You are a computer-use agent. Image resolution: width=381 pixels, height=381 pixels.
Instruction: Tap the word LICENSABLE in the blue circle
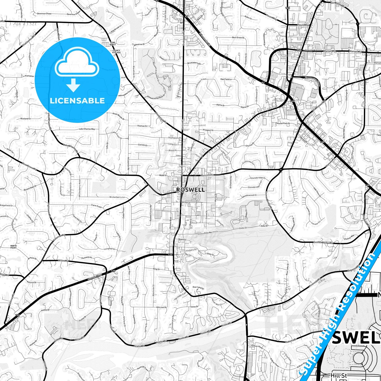click(77, 100)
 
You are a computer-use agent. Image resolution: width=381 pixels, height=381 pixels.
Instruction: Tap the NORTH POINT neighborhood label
click(13, 247)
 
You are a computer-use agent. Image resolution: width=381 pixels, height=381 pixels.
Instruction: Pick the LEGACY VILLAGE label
click(116, 51)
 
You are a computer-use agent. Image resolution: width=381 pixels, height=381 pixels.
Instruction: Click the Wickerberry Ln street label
click(117, 197)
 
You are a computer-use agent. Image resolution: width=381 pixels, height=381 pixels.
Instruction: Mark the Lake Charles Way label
click(87, 129)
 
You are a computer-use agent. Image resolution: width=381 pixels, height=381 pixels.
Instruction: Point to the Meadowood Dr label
click(249, 196)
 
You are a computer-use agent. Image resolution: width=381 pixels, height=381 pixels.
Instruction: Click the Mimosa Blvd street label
click(171, 223)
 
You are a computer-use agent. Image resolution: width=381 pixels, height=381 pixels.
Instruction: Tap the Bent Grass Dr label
click(238, 38)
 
